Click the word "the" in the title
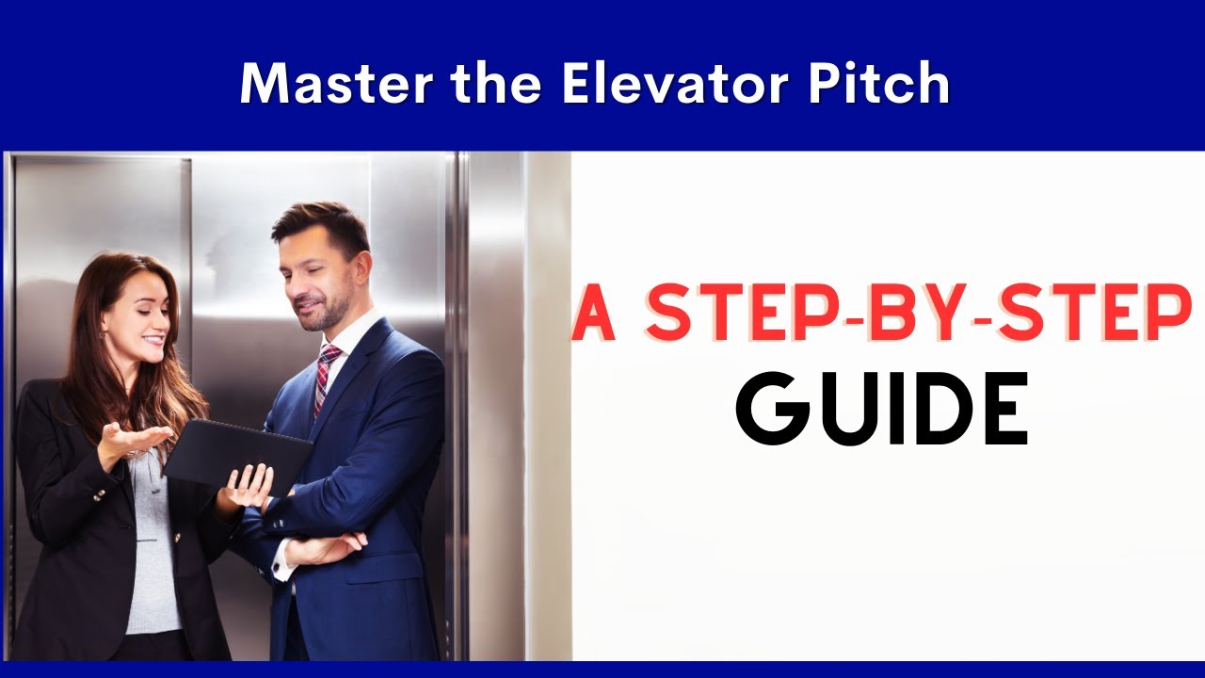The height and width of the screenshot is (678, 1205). (496, 84)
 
